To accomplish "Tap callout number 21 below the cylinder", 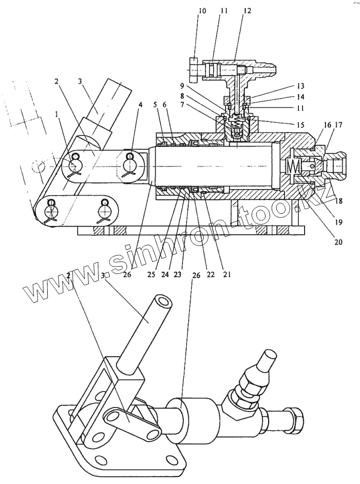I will tap(226, 273).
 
